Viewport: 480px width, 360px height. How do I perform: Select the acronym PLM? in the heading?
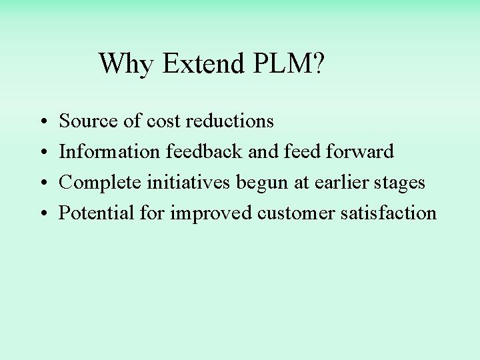pyautogui.click(x=289, y=64)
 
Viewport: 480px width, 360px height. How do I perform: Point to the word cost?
pyautogui.click(x=163, y=121)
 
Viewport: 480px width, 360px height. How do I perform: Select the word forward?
pyautogui.click(x=360, y=152)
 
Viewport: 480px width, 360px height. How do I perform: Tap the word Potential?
pyautogui.click(x=97, y=213)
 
